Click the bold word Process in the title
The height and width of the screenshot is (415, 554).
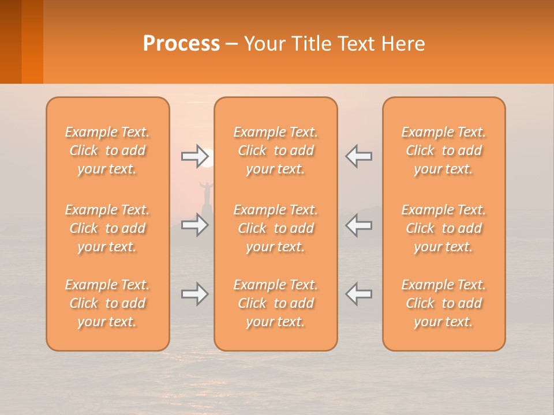point(181,44)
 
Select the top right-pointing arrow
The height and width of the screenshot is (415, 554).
point(194,156)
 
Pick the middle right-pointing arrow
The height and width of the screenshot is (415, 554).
point(194,225)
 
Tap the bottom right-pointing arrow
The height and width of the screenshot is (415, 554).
point(194,294)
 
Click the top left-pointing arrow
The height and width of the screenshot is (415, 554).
point(358,156)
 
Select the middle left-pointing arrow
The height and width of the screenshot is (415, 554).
point(358,225)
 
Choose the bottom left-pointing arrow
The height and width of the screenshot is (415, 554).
point(358,294)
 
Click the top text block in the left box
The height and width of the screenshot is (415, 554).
point(107,150)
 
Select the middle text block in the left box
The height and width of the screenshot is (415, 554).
point(107,228)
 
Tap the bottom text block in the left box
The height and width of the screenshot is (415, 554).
point(107,303)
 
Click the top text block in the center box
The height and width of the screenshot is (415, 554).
point(275,150)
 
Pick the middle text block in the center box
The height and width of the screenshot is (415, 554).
point(275,228)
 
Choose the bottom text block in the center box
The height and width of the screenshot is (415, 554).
point(275,303)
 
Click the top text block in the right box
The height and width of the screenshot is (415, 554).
point(444,150)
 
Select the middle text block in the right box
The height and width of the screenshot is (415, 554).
point(444,228)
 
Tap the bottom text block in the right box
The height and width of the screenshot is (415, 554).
point(444,303)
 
